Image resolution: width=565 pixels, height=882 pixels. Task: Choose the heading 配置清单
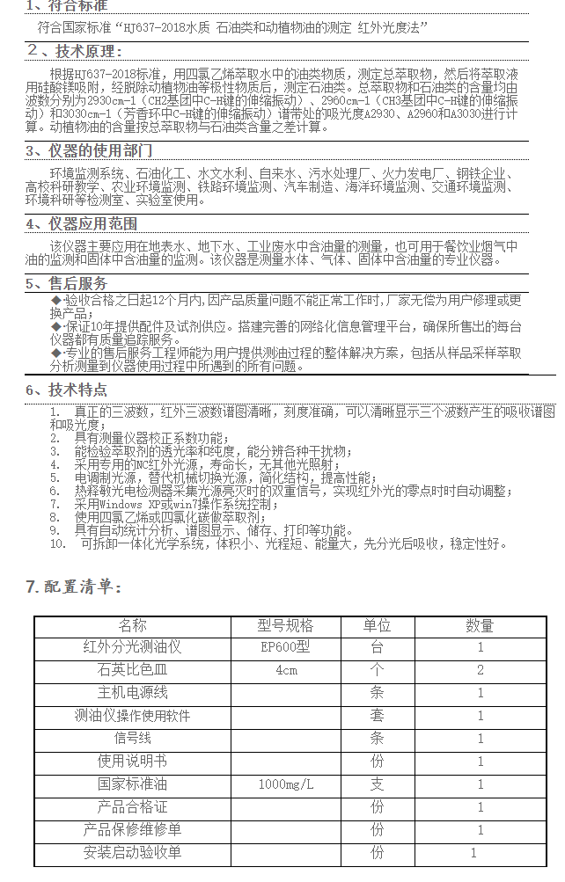(74, 587)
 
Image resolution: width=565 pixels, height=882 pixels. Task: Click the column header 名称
(132, 626)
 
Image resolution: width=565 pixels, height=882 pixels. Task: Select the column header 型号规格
(285, 626)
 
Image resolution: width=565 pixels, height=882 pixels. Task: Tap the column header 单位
(377, 626)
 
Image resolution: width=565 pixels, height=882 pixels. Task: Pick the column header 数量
(480, 626)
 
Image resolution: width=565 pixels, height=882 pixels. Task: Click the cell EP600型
(285, 648)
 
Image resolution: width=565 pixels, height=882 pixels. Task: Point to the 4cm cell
(285, 670)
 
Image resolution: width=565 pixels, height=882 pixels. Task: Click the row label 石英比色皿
(132, 670)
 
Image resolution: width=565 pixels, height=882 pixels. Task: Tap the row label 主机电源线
(132, 693)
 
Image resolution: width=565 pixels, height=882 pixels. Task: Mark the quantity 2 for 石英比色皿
(480, 670)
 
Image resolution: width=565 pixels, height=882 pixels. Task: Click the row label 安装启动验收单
(132, 852)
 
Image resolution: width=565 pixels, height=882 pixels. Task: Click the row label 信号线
(132, 739)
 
